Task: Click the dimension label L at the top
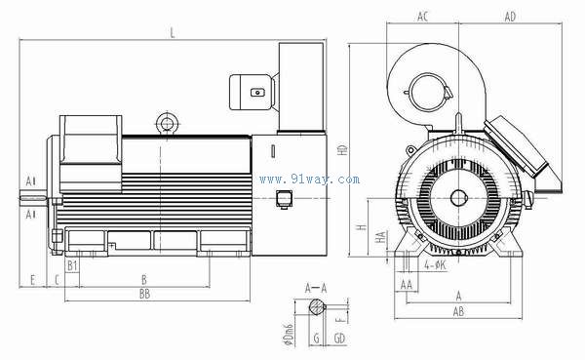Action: [172, 33]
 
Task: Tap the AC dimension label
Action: [422, 17]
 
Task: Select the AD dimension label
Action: [510, 17]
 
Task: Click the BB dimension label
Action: [144, 294]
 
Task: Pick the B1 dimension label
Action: [72, 266]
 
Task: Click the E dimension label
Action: [32, 280]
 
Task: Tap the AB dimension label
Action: [458, 311]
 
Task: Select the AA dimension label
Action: [407, 285]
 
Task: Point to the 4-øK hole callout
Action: [435, 265]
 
